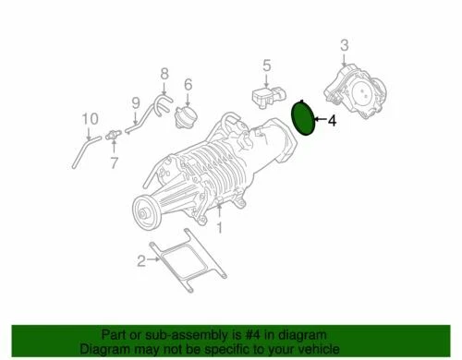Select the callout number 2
click(x=140, y=262)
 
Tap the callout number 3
click(x=344, y=45)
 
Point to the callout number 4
click(x=334, y=119)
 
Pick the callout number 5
click(x=265, y=65)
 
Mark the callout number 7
click(x=115, y=163)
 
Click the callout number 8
click(x=164, y=73)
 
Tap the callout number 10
click(x=90, y=118)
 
